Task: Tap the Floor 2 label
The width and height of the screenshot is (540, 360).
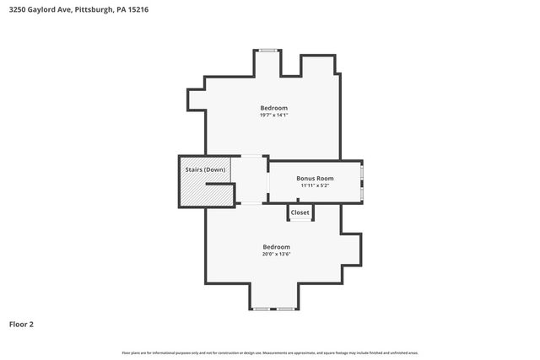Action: [21, 324]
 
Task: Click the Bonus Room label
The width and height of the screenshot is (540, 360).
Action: [315, 178]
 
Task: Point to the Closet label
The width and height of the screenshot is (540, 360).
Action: [300, 212]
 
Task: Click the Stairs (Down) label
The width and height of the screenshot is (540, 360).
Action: [205, 170]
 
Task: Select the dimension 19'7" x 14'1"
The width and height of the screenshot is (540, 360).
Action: [273, 116]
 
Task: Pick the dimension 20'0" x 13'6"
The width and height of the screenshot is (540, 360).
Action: [275, 254]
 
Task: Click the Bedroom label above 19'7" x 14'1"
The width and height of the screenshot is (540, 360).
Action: [273, 108]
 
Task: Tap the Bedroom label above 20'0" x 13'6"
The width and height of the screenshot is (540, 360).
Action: [275, 246]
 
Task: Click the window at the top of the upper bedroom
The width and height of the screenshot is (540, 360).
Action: [268, 50]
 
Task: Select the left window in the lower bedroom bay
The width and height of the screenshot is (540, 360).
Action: [262, 309]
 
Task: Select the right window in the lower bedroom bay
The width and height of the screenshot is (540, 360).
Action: [287, 309]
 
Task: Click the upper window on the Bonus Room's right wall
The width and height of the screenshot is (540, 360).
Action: [362, 174]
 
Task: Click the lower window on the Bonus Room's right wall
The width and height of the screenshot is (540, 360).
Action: [362, 193]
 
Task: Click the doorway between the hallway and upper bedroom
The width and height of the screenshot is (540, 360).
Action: [251, 156]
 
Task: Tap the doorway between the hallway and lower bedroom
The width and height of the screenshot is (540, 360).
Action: [251, 204]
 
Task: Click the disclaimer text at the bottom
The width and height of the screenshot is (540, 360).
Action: [270, 352]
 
